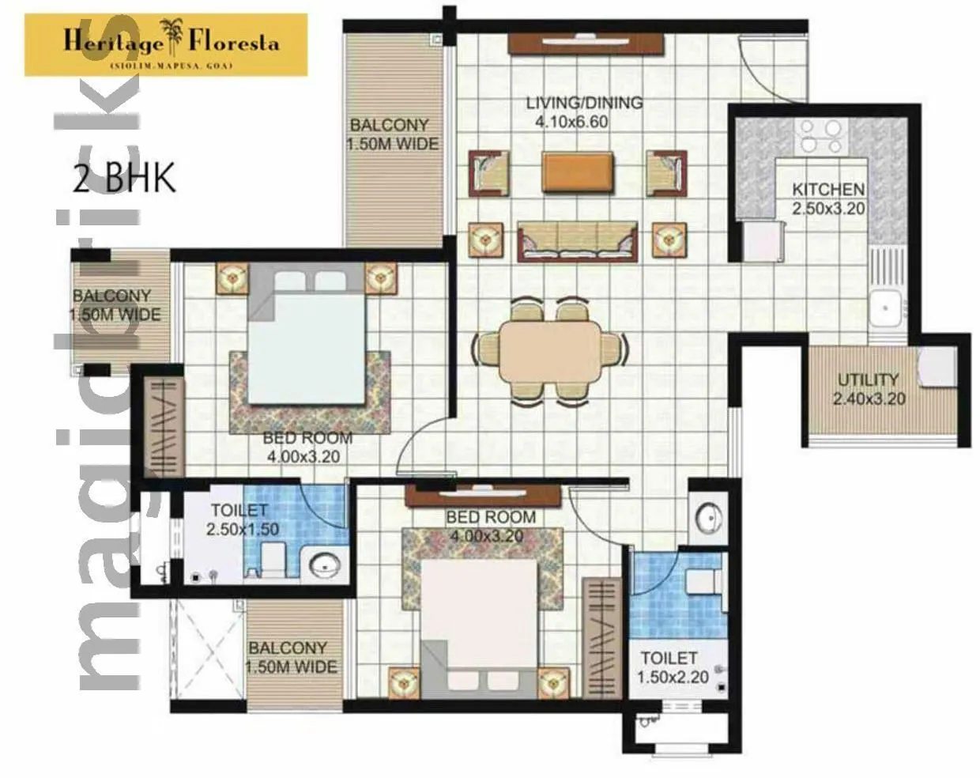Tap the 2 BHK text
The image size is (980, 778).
123,179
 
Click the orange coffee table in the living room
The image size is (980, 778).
578,172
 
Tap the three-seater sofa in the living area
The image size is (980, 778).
577,241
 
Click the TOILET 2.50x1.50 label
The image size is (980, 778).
239,519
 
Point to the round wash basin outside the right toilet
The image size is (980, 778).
709,519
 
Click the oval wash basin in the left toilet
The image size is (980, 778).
325,565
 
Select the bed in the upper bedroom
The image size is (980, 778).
308,336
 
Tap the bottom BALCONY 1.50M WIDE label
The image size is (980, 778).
292,657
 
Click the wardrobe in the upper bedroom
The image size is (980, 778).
163,427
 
